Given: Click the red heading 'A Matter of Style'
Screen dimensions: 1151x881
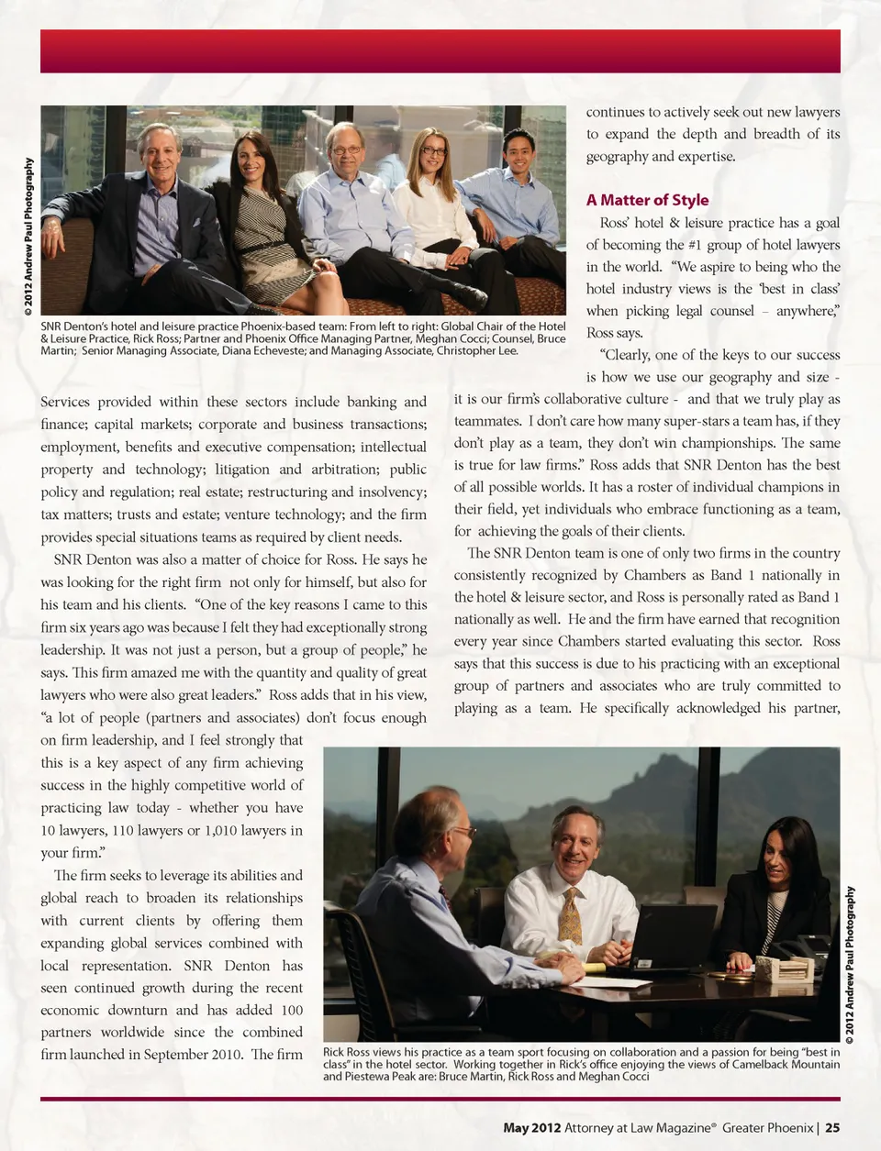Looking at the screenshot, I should pyautogui.click(x=647, y=200).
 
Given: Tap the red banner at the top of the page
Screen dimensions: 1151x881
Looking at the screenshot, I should pyautogui.click(x=440, y=51).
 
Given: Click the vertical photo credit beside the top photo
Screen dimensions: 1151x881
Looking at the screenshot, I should pyautogui.click(x=29, y=238).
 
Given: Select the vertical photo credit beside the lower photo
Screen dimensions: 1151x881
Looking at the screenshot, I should pyautogui.click(x=851, y=965).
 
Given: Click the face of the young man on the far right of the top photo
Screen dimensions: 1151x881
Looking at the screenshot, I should pyautogui.click(x=519, y=156).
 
